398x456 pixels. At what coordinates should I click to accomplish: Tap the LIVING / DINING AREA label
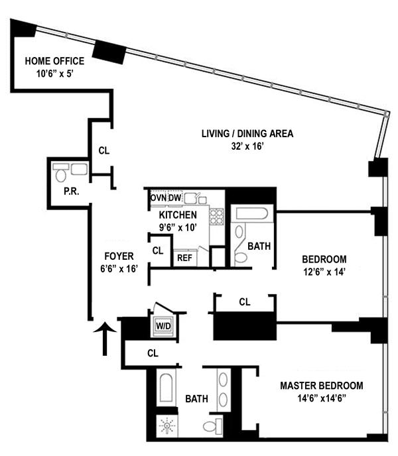247,134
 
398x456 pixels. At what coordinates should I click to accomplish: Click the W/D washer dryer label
163,325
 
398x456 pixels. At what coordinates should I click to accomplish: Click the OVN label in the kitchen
158,198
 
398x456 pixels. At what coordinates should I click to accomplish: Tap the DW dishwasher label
174,198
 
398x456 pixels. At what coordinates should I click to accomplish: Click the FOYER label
119,256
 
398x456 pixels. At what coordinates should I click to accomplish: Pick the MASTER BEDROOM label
321,386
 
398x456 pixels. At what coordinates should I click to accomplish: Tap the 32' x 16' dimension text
247,146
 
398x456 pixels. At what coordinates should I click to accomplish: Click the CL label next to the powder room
103,150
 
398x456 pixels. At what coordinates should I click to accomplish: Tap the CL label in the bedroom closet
245,302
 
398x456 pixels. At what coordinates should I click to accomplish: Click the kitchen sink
194,198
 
